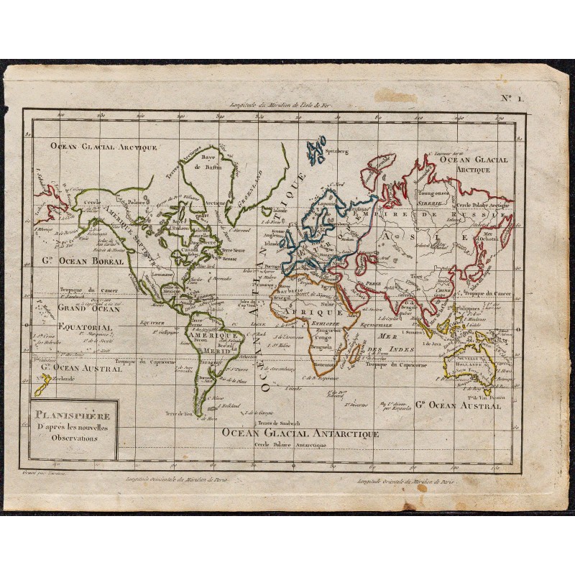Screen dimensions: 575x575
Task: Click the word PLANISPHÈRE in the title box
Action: (71, 415)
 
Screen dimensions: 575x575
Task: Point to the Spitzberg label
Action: (337, 152)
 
